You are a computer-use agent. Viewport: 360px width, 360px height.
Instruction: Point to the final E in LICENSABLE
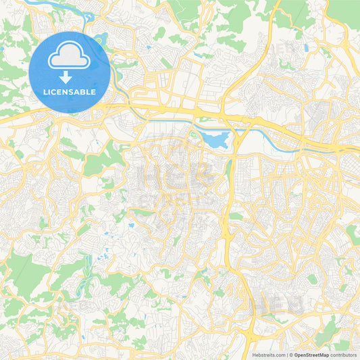[x=93, y=91]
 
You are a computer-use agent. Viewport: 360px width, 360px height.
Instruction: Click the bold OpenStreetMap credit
[x=315, y=354]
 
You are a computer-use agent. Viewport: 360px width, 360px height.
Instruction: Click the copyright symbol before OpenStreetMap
[x=290, y=354]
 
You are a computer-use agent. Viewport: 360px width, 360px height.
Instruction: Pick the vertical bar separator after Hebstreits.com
[x=286, y=354]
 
